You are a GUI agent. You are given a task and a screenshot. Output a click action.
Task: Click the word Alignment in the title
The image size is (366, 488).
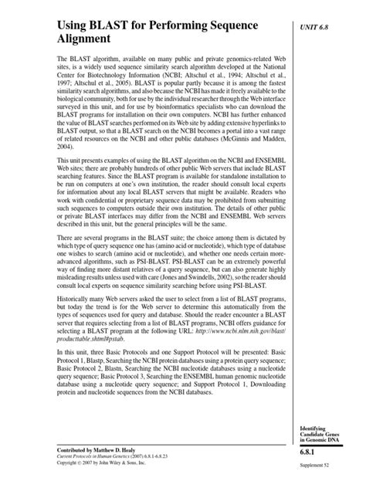(90, 39)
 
